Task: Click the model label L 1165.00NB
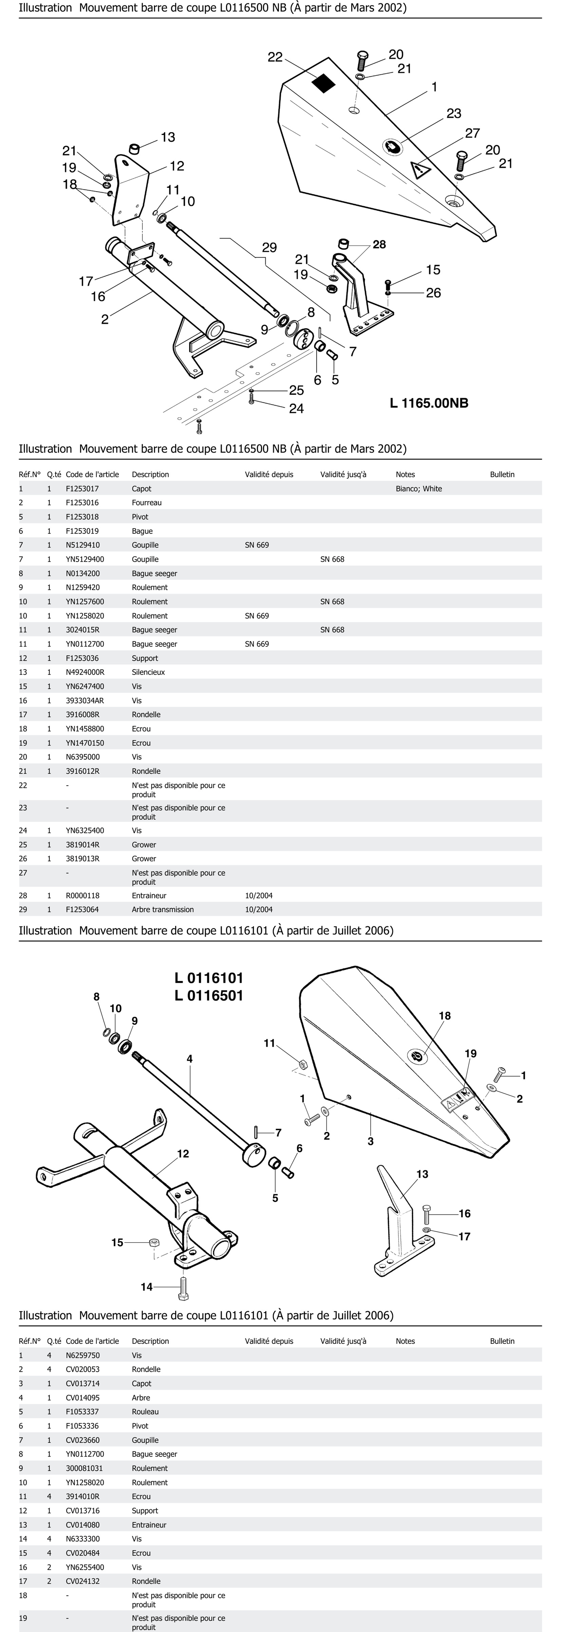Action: tap(429, 403)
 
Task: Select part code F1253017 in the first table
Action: tap(82, 488)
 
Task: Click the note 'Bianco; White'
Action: tap(418, 488)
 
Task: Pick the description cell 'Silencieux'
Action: tap(148, 672)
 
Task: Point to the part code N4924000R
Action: tap(85, 672)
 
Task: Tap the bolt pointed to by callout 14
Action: tap(183, 1286)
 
